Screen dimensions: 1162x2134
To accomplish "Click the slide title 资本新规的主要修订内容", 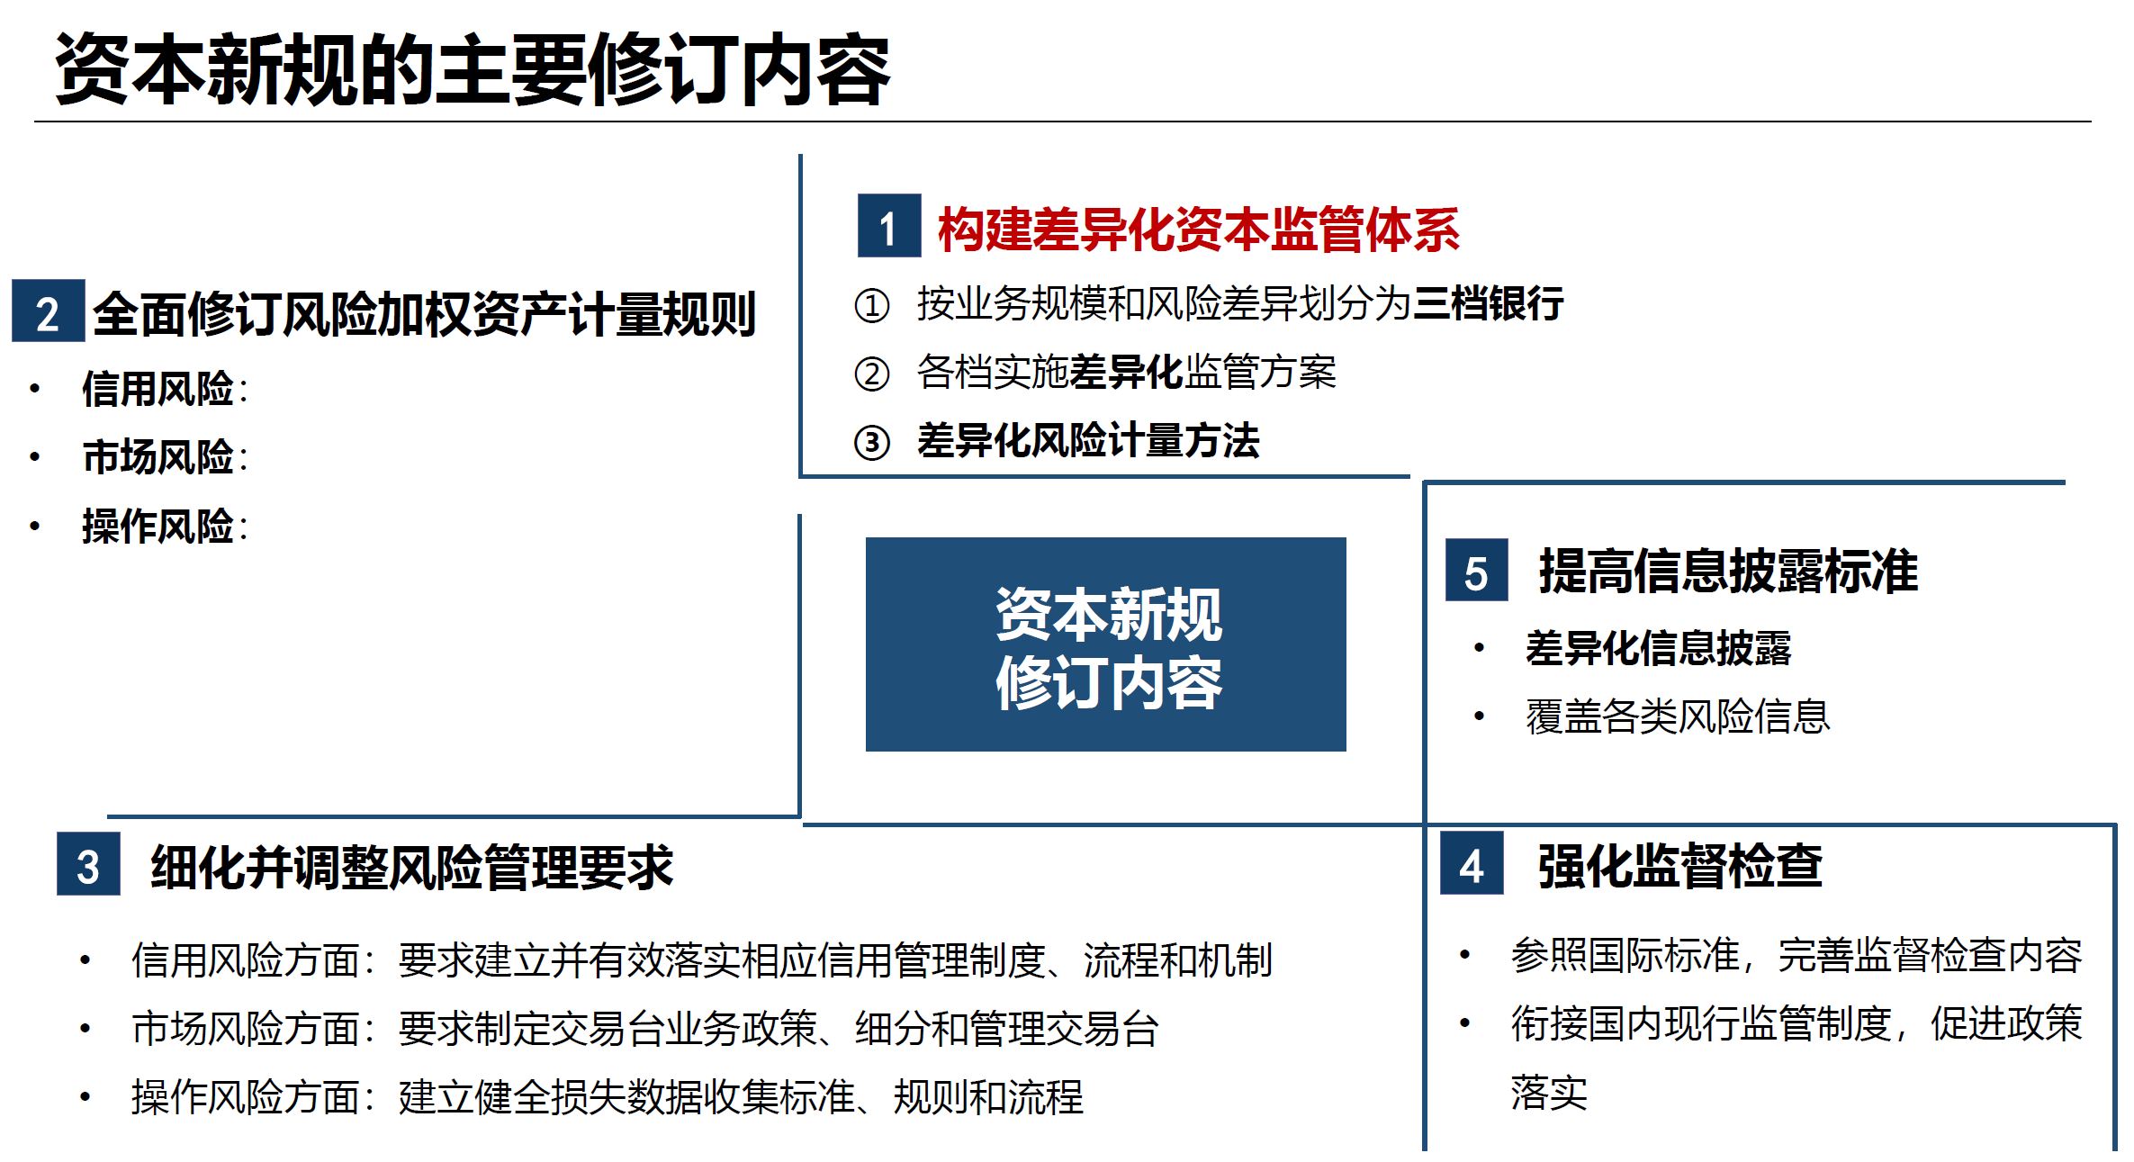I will [x=472, y=70].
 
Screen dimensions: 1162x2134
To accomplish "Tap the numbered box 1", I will [x=888, y=226].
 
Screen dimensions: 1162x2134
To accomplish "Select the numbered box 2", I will [x=48, y=311].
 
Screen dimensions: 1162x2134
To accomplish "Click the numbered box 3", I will [x=88, y=865].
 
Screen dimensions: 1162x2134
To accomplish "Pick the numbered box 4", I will [x=1472, y=864].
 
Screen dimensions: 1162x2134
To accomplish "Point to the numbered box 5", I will [x=1476, y=571].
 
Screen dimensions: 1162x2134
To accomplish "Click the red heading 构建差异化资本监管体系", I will [x=1198, y=230].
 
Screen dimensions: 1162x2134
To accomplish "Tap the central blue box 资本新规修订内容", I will [x=1105, y=644].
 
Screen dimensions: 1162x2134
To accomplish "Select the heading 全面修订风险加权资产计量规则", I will [x=424, y=314].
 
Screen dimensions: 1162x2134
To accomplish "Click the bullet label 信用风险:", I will [x=164, y=389].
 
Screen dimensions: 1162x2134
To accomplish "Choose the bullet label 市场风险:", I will [x=164, y=457].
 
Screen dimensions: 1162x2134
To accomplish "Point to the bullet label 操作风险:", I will [x=164, y=527].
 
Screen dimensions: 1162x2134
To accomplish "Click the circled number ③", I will [x=871, y=443].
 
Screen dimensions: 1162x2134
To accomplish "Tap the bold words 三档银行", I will [x=1489, y=303].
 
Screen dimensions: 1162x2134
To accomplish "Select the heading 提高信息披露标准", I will [x=1728, y=571].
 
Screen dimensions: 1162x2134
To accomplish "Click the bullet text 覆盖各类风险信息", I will [x=1678, y=716].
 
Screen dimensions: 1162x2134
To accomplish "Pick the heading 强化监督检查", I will [x=1679, y=866].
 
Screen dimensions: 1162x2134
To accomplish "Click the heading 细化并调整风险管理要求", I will [x=411, y=868].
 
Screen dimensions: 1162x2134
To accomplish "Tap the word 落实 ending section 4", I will [x=1549, y=1093].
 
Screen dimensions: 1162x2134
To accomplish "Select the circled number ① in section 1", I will [x=871, y=305].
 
